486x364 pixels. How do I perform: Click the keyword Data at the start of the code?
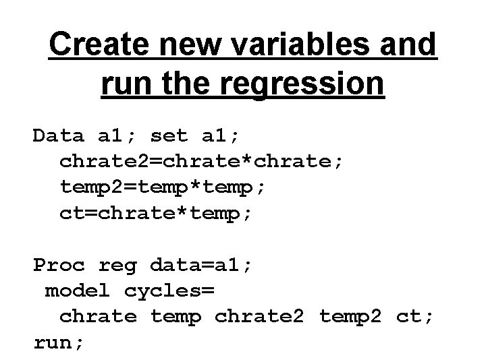(x=59, y=136)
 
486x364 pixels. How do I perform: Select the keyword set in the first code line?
(x=169, y=136)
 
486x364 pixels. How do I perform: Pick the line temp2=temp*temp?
(x=163, y=187)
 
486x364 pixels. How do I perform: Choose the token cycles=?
(x=169, y=291)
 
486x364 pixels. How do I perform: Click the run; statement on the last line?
(x=59, y=342)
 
